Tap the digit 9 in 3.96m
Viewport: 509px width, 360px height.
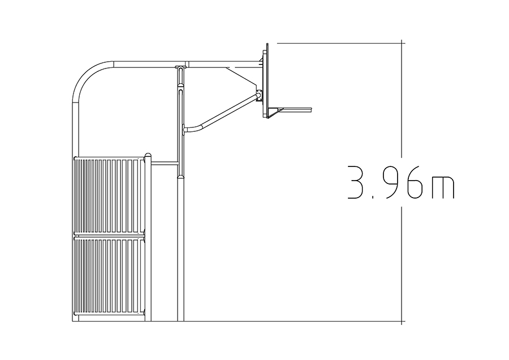[392, 182]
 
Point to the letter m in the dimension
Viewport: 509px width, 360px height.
[443, 187]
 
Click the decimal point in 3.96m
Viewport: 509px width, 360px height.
[373, 197]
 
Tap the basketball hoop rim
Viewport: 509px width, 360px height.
[296, 109]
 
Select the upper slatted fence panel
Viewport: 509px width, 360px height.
[109, 196]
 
